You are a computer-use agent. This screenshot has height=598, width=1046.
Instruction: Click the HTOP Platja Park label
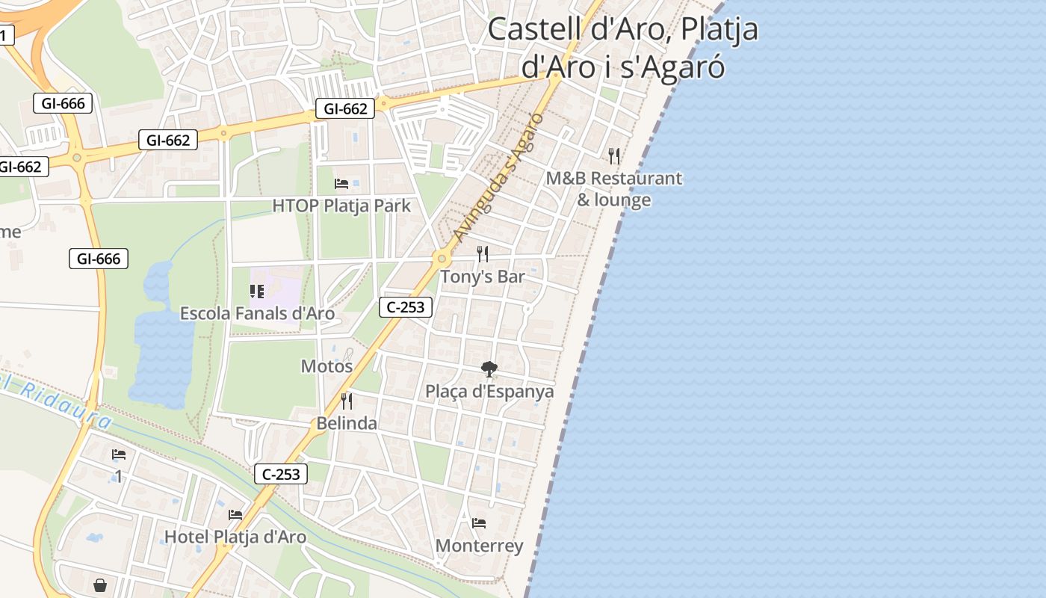[x=341, y=206]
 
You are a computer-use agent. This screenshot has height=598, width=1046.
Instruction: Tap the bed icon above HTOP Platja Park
[x=341, y=183]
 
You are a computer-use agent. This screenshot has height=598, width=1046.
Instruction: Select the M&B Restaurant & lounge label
[x=614, y=189]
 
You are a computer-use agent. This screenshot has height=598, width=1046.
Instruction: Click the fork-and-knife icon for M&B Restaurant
[x=614, y=155]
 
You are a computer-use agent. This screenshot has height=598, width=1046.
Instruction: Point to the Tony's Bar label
[x=483, y=277]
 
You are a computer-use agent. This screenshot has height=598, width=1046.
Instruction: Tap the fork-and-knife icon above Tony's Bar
[x=483, y=254]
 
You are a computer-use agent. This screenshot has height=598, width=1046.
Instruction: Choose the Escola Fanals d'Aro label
[x=257, y=313]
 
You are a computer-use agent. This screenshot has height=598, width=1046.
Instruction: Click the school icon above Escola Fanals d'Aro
[x=257, y=291]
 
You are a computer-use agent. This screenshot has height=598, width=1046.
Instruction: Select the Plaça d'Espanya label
[x=489, y=392]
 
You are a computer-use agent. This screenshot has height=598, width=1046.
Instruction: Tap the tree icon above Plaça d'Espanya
[x=489, y=369]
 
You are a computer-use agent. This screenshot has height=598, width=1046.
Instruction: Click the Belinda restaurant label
[x=347, y=424]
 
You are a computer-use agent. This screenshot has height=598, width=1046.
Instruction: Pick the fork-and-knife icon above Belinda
[x=347, y=401]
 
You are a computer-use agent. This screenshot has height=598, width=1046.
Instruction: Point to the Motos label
[x=327, y=366]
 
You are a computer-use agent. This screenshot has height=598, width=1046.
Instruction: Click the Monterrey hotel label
[x=479, y=546]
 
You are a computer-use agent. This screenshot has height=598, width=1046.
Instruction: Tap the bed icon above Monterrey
[x=479, y=523]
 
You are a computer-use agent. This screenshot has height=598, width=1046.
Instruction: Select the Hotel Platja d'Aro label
[x=235, y=537]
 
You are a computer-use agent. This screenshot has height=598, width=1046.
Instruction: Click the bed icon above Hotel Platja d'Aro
[x=235, y=514]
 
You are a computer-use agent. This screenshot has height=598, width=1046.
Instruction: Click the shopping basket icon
[x=100, y=585]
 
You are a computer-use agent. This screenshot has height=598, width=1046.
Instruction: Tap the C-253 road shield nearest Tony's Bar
[x=406, y=306]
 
